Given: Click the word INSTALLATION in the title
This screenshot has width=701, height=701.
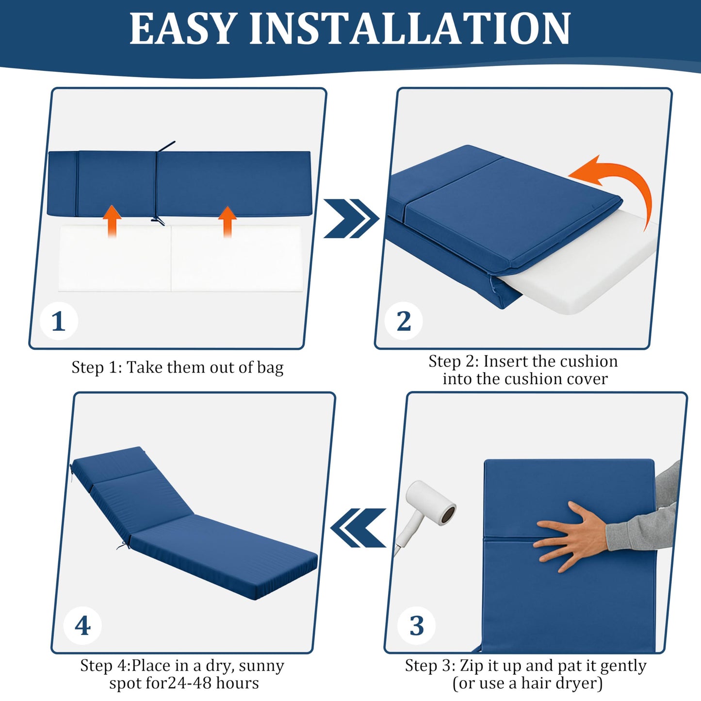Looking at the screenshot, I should [x=410, y=29].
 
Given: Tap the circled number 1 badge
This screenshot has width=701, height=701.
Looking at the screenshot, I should [x=59, y=321].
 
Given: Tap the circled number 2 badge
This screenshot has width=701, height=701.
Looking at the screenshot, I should [x=404, y=321].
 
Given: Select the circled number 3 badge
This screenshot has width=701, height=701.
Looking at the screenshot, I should [x=416, y=626].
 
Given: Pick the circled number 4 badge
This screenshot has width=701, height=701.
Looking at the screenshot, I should [x=82, y=626].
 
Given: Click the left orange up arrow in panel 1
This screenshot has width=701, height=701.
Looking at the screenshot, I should [x=112, y=221].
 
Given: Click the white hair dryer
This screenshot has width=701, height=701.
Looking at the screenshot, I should [x=427, y=509].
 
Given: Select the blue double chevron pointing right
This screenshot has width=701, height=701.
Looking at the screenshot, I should [x=350, y=218].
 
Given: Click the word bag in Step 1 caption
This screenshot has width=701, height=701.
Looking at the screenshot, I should [x=270, y=368].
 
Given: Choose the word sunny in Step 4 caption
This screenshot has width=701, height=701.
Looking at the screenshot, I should [x=261, y=666].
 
